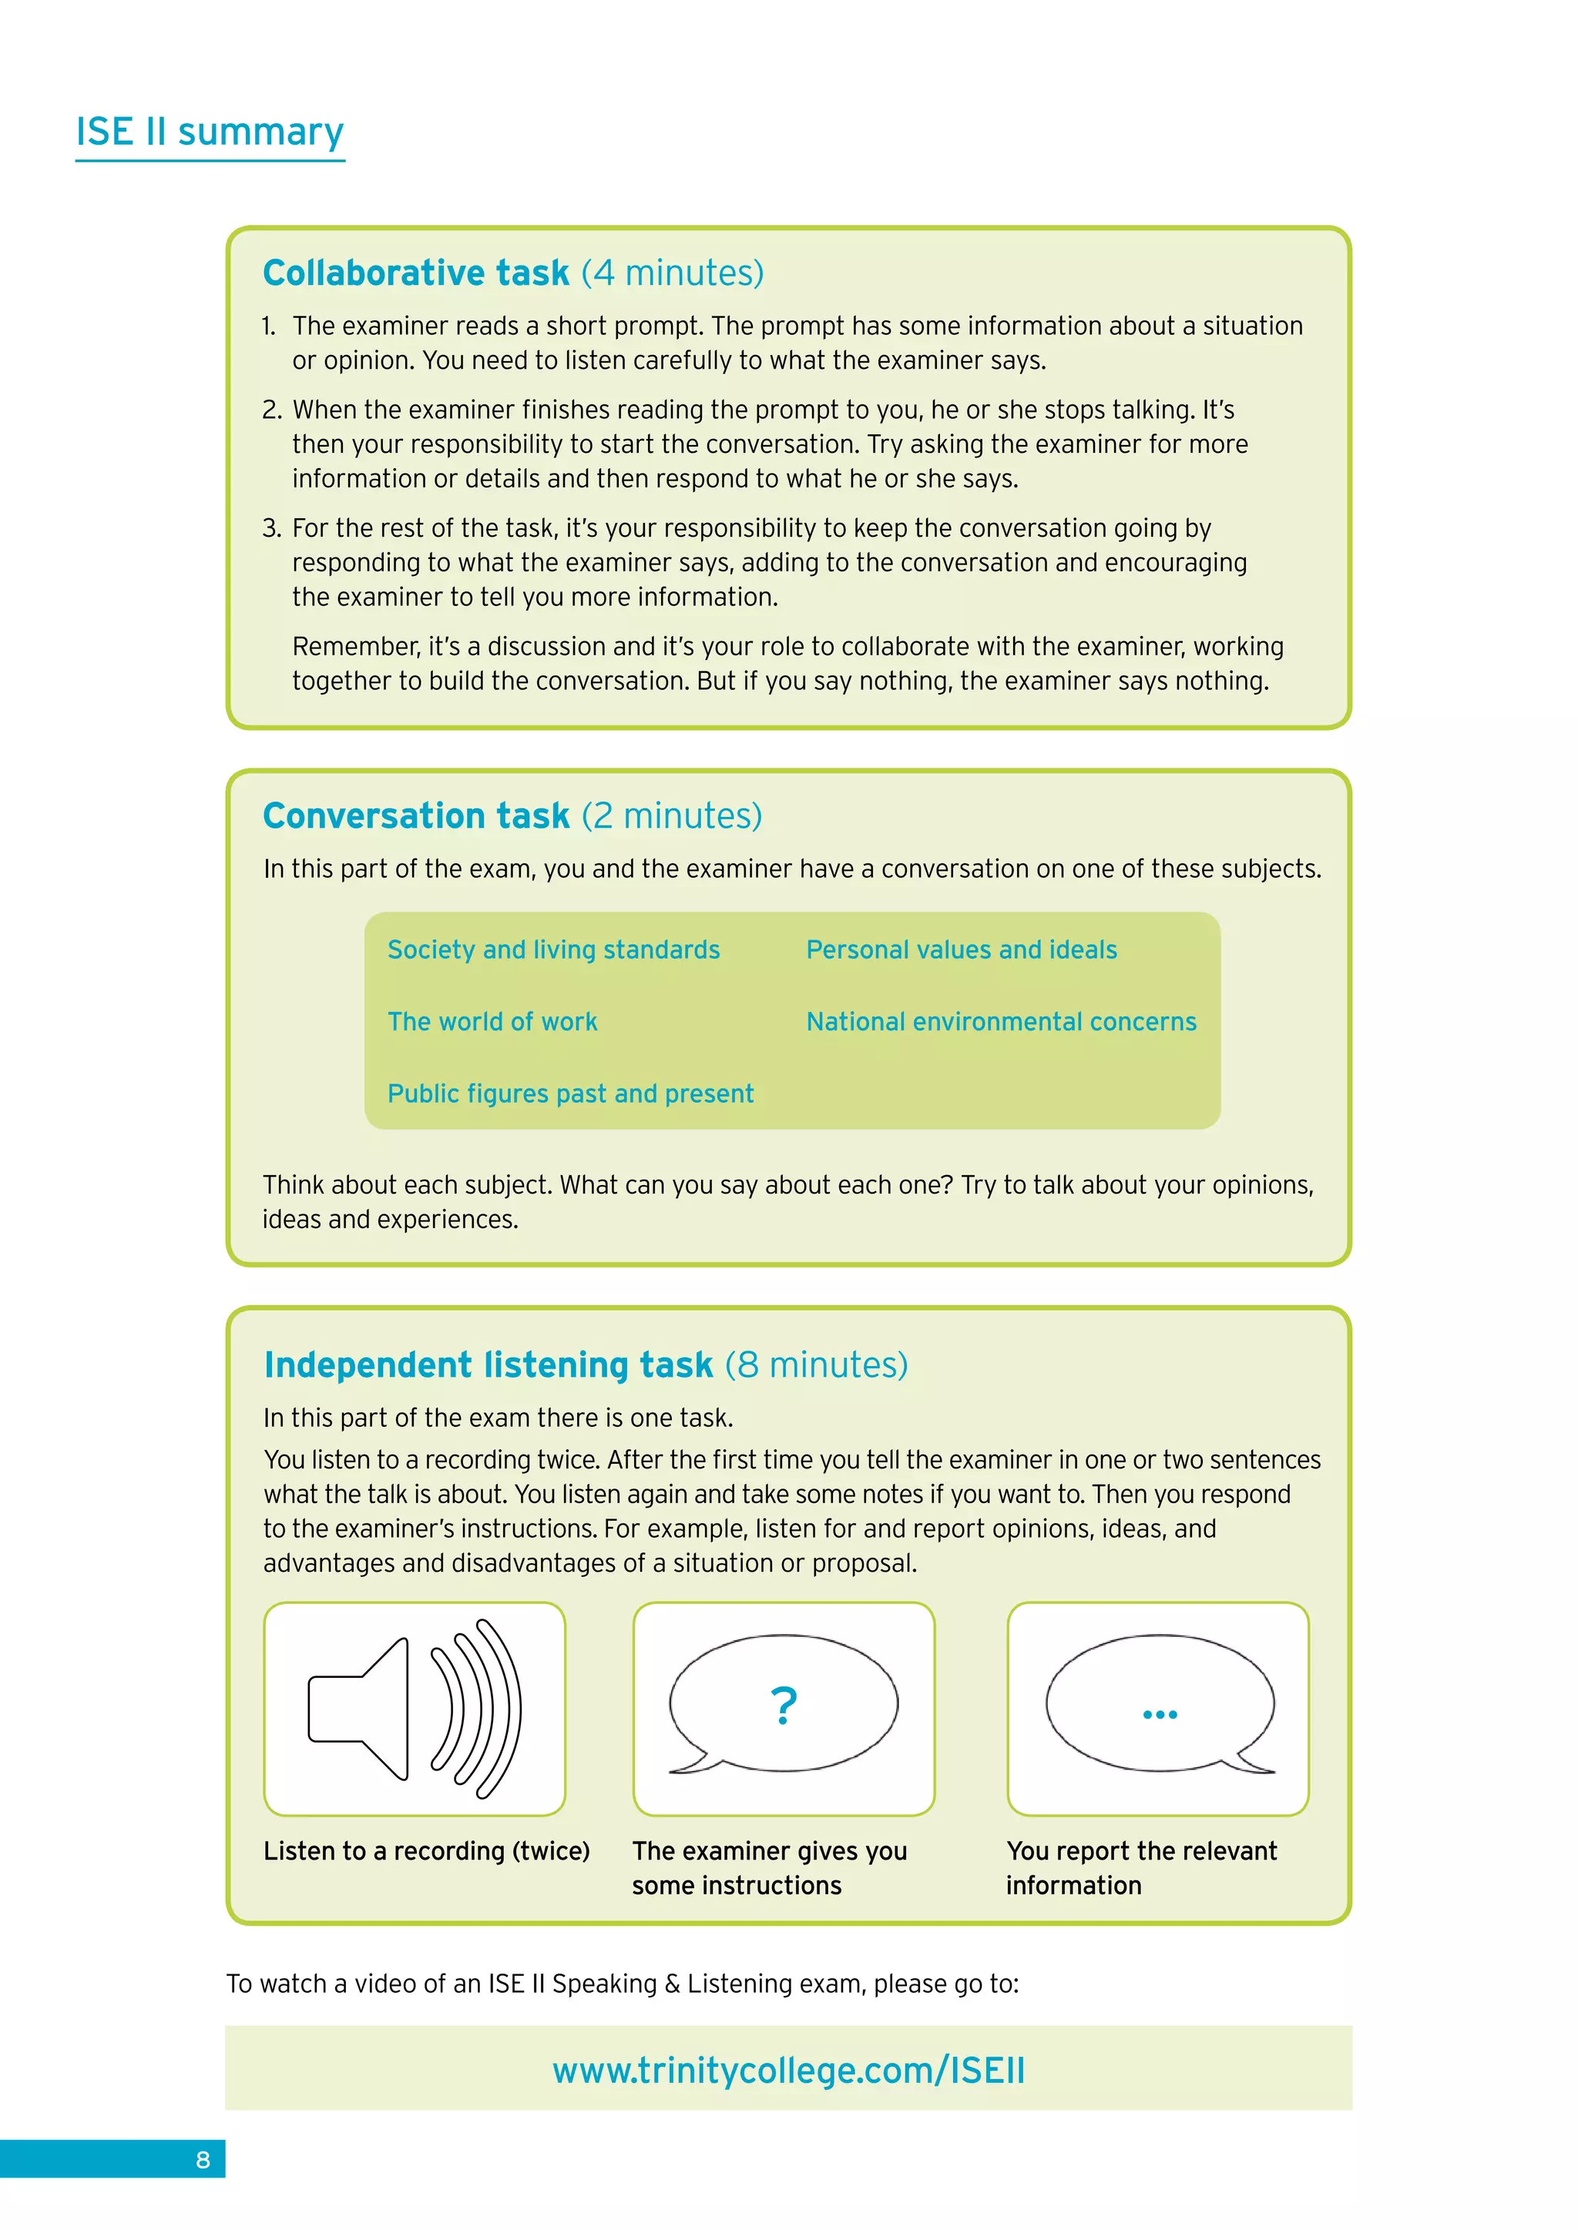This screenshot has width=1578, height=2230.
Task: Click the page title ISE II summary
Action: point(210,132)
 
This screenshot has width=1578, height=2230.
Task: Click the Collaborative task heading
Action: point(416,273)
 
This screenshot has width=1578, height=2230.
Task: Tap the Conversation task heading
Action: point(416,816)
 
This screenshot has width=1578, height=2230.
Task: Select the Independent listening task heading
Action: point(489,1364)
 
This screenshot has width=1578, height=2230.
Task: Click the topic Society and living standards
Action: point(554,950)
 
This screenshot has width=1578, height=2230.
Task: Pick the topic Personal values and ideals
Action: point(961,950)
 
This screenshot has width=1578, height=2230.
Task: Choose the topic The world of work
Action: point(492,1022)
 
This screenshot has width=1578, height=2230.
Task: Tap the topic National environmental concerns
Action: point(1001,1022)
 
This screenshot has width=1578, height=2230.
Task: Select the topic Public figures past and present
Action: point(570,1093)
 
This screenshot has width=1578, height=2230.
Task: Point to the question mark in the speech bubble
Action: point(783,1706)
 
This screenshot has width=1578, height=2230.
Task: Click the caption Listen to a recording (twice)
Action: point(427,1851)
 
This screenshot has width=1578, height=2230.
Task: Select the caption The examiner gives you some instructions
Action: point(769,1868)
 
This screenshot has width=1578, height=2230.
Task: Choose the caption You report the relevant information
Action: point(1141,1868)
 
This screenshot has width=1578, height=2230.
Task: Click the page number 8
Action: point(203,2160)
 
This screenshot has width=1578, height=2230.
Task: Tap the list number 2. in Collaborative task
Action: point(272,410)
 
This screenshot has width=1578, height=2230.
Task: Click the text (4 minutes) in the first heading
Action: point(673,273)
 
